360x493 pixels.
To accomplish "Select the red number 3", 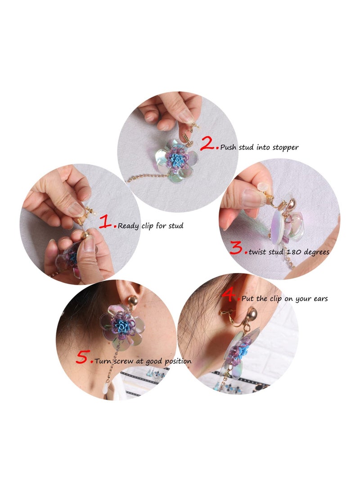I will point(237,249).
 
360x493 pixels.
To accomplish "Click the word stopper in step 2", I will point(285,148).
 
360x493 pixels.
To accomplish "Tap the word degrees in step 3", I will point(314,252).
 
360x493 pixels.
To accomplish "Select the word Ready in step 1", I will point(128,226).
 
